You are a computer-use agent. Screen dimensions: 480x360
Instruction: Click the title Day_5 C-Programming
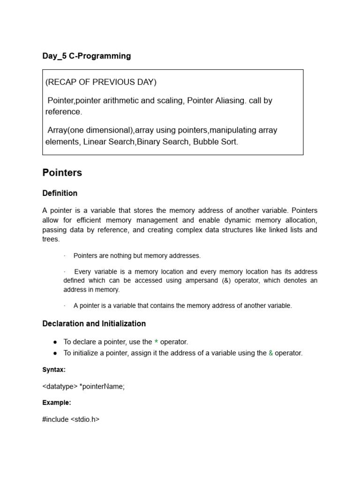tap(86, 56)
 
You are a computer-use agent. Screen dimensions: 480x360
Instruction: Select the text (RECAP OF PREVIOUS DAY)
tap(101, 82)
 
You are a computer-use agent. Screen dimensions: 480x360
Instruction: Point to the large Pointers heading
tap(62, 172)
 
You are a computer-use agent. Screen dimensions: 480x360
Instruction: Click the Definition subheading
tap(60, 193)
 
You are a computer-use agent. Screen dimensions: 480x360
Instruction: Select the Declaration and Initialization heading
tap(94, 323)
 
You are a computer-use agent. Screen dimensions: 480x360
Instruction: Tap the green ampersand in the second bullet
tap(270, 353)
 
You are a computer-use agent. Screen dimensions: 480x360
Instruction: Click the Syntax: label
tap(54, 370)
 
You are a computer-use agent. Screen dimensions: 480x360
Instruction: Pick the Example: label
tap(56, 403)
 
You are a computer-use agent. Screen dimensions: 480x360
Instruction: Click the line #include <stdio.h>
tap(71, 419)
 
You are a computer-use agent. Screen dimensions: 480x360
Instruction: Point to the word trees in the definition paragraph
tap(51, 239)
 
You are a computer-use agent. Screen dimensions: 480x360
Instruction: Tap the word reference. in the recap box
tap(63, 112)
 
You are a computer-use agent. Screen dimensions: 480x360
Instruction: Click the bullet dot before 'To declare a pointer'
tap(55, 342)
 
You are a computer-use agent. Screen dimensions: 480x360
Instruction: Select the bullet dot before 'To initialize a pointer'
tap(55, 353)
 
